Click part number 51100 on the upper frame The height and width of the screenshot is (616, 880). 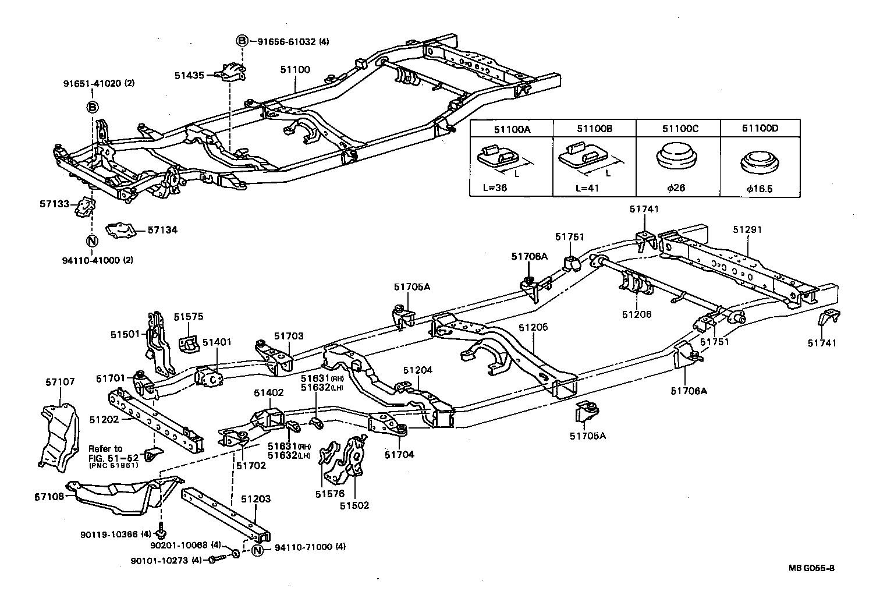(x=295, y=70)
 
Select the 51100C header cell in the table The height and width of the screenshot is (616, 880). (x=677, y=129)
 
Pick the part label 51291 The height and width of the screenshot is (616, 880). (x=747, y=230)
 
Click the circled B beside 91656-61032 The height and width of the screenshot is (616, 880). (x=242, y=41)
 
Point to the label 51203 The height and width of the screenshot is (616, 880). (x=256, y=499)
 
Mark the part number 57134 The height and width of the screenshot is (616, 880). (x=162, y=230)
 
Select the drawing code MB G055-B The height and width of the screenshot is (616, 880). (x=815, y=568)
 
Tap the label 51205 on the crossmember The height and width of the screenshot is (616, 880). (x=533, y=328)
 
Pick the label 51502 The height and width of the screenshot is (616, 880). (x=354, y=506)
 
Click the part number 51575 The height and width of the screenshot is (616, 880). (x=189, y=317)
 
